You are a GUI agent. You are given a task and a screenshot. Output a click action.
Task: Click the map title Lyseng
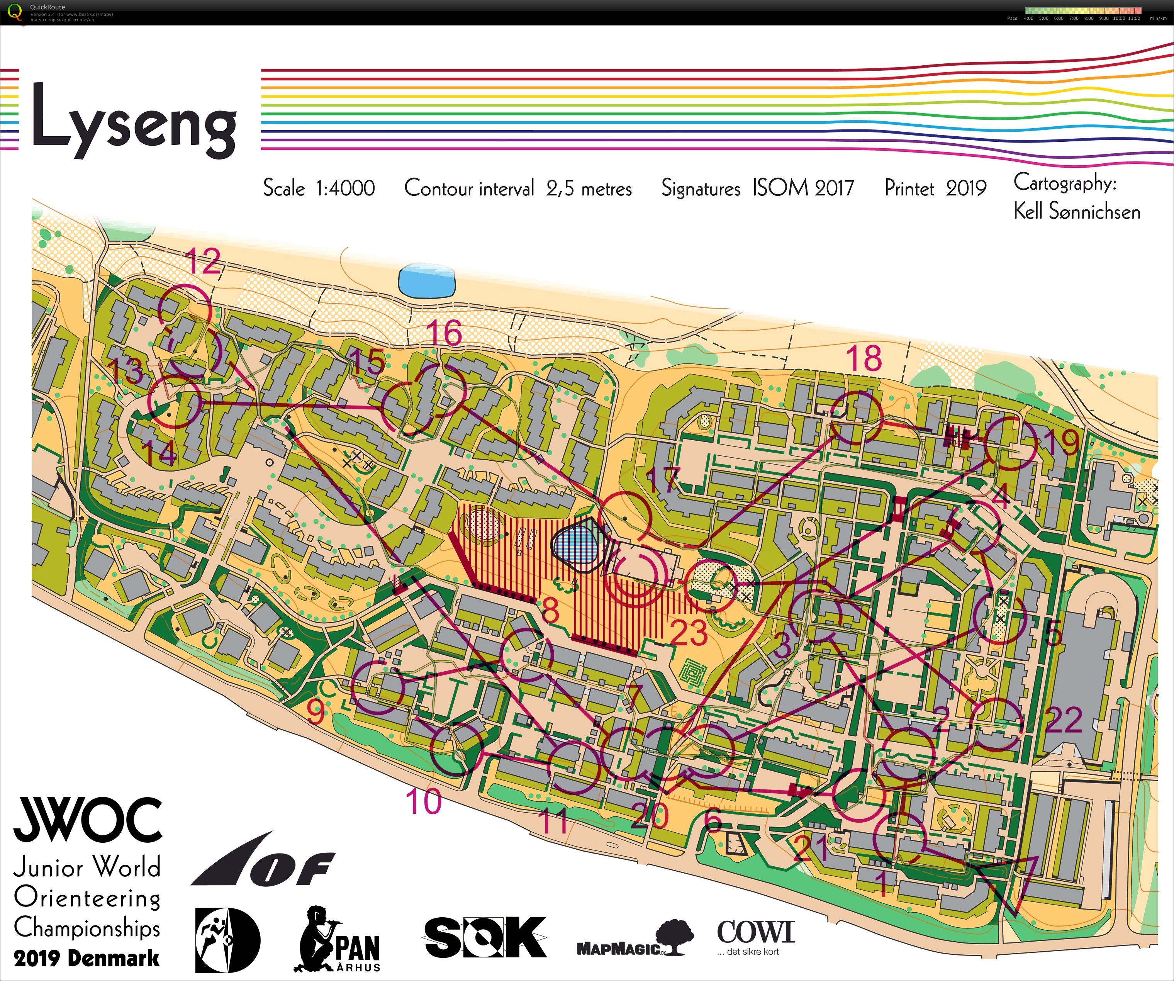pos(134,120)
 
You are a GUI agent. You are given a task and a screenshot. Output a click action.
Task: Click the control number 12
pos(204,260)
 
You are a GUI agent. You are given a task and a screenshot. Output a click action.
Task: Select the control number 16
pos(444,333)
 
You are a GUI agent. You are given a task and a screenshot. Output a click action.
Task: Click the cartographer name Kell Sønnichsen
pos(1077,211)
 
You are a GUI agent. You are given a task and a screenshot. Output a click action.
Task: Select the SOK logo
pos(485,937)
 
